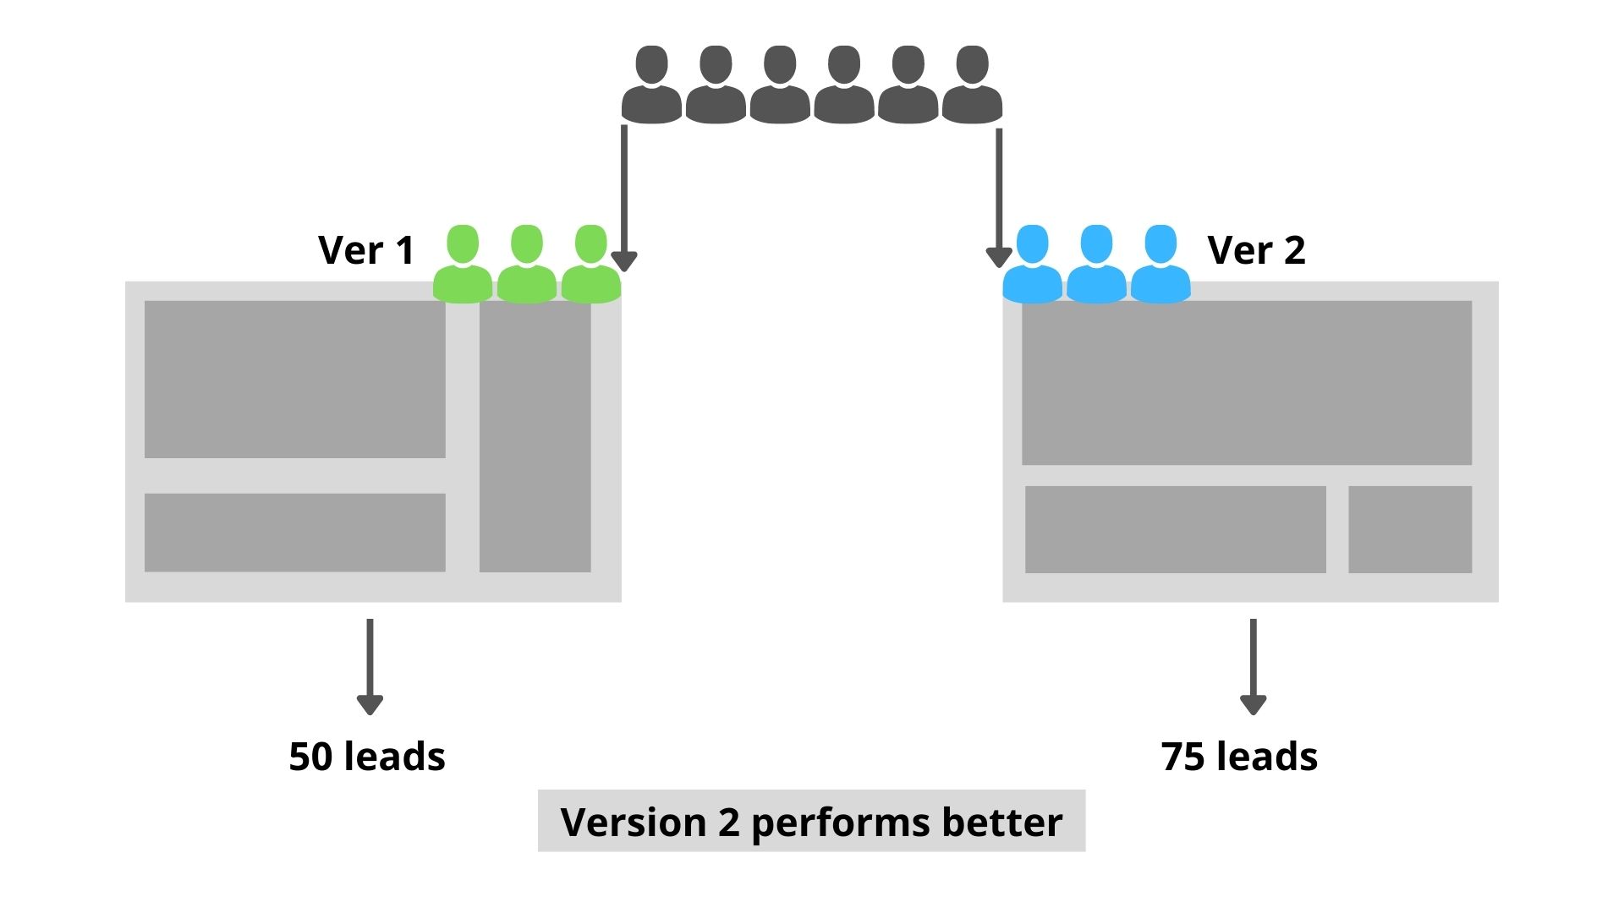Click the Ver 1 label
pyautogui.click(x=365, y=250)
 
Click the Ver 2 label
pyautogui.click(x=1256, y=250)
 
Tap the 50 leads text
pyautogui.click(x=366, y=757)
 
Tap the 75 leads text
pyautogui.click(x=1239, y=757)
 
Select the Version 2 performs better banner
pyautogui.click(x=811, y=821)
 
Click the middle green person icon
pyautogui.click(x=526, y=264)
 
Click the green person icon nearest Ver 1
pyautogui.click(x=462, y=264)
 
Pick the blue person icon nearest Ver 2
pyautogui.click(x=1160, y=264)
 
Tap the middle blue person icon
pyautogui.click(x=1096, y=264)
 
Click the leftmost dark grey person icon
pyautogui.click(x=651, y=85)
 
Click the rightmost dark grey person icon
pyautogui.click(x=972, y=85)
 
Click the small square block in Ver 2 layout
pyautogui.click(x=1409, y=529)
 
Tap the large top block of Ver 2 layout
pyautogui.click(x=1246, y=382)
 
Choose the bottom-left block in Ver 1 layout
pyautogui.click(x=294, y=533)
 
